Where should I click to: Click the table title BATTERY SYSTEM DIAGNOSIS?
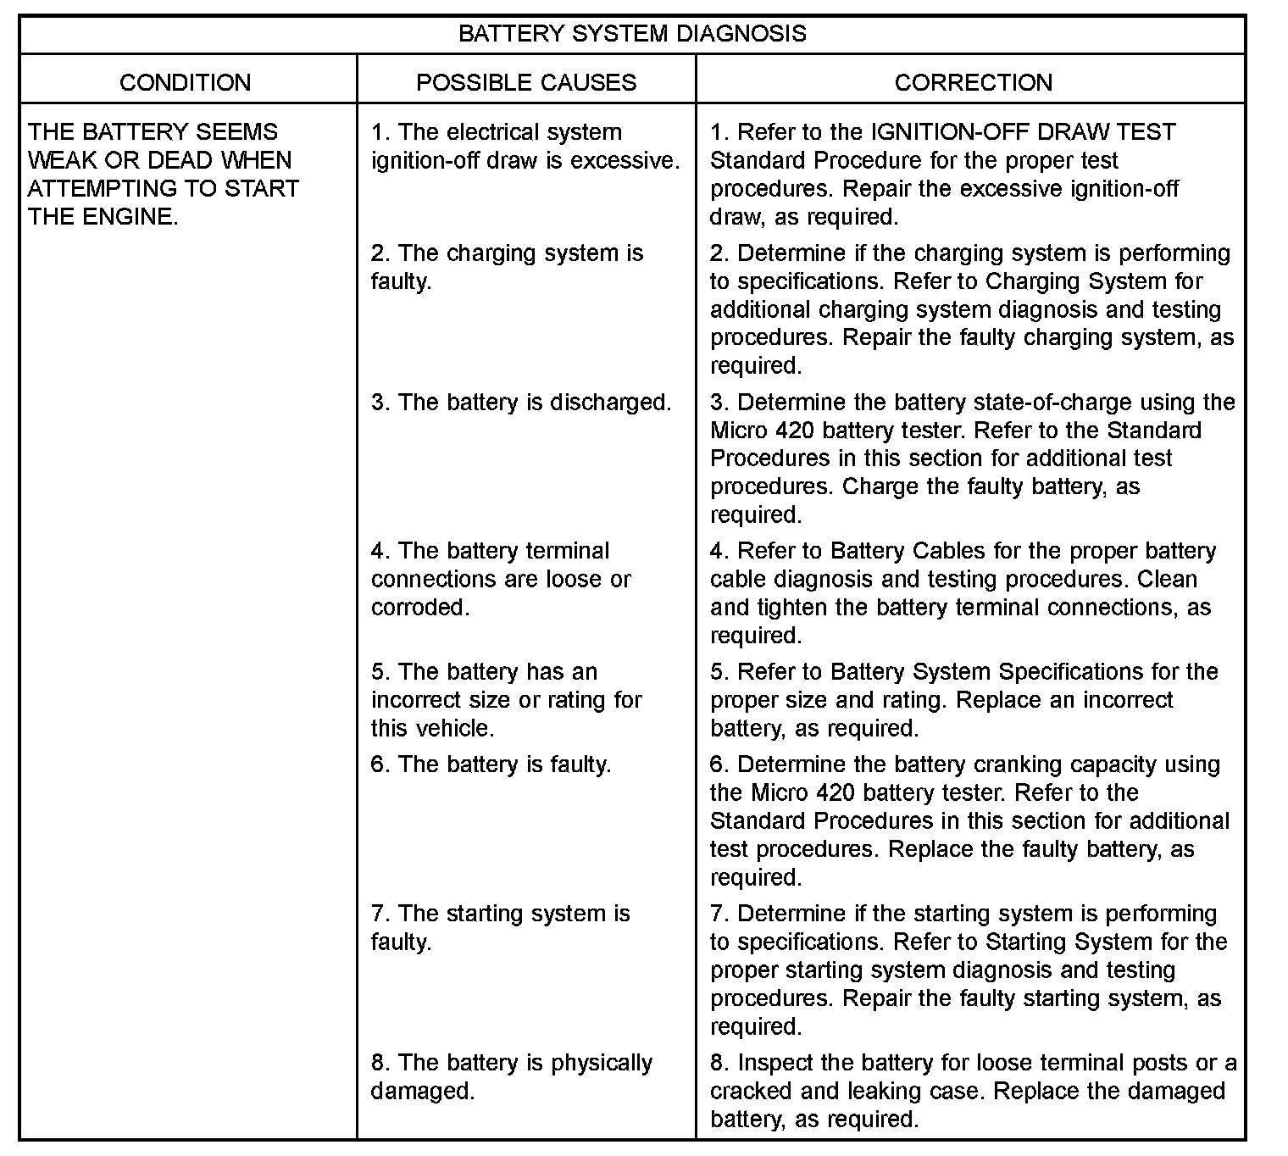pos(632,34)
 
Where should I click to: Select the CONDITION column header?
pos(186,82)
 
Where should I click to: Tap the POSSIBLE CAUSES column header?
pos(526,82)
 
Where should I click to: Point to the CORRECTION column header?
pos(974,82)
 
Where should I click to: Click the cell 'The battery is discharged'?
pos(521,402)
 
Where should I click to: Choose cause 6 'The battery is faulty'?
pos(491,764)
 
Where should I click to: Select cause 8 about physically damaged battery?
pos(512,1076)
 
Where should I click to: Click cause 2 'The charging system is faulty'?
pos(507,267)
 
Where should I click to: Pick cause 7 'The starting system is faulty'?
pos(500,927)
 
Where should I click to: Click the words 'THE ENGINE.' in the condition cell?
pos(103,217)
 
